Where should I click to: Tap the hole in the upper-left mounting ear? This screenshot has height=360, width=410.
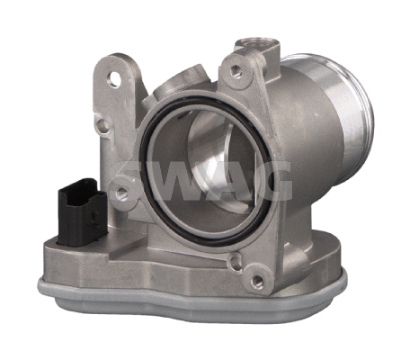(112, 78)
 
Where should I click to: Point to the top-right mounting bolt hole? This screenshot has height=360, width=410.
(236, 69)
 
